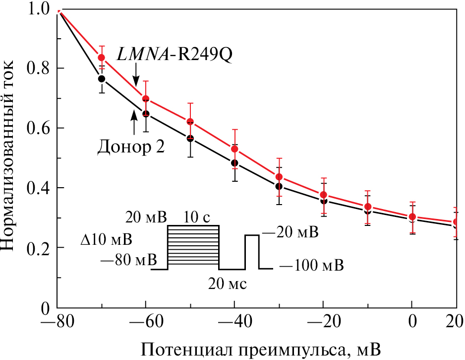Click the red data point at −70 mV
coord(102,58)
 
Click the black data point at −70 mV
coord(102,78)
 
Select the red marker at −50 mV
coord(190,122)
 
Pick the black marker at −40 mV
coord(234,163)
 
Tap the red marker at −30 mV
coord(279,177)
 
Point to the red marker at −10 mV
coord(368,207)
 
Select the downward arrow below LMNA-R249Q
coord(136,76)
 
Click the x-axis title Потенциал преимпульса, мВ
coord(262,350)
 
